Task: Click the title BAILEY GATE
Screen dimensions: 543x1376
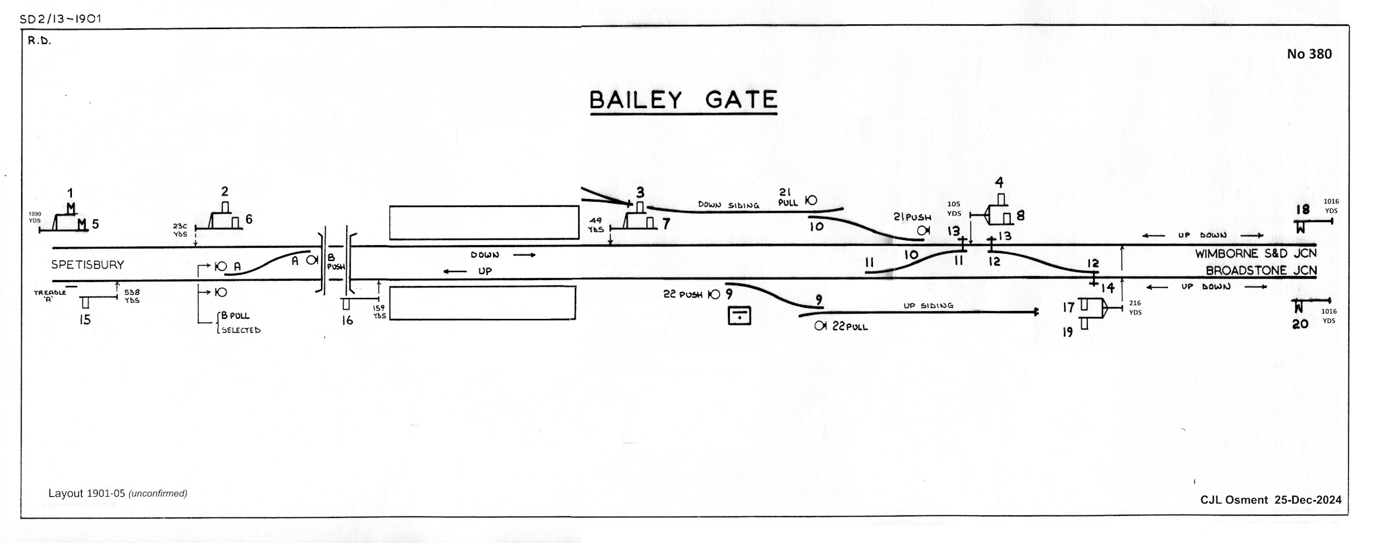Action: (683, 100)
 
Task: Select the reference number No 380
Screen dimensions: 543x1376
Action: (1309, 54)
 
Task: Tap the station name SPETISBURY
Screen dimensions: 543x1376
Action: (88, 265)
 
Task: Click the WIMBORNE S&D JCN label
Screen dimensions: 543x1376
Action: (1255, 254)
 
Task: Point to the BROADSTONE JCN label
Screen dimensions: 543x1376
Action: (1261, 271)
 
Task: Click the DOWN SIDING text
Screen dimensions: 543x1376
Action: (729, 205)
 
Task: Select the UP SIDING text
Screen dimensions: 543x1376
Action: (928, 306)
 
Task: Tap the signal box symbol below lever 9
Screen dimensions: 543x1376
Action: (740, 316)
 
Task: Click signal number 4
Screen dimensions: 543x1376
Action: (1000, 183)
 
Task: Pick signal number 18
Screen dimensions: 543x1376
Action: (1302, 210)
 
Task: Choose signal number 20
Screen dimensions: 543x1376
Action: (1300, 323)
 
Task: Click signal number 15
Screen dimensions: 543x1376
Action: (84, 320)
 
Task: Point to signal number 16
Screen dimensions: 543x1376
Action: (347, 320)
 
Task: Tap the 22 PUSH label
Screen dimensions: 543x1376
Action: (682, 295)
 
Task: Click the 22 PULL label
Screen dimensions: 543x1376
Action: (850, 326)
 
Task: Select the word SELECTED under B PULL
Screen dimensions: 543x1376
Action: (241, 330)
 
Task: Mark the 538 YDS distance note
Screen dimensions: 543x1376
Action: (132, 296)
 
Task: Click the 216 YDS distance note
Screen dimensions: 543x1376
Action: (1135, 308)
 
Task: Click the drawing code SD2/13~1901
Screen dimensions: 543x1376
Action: (61, 19)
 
